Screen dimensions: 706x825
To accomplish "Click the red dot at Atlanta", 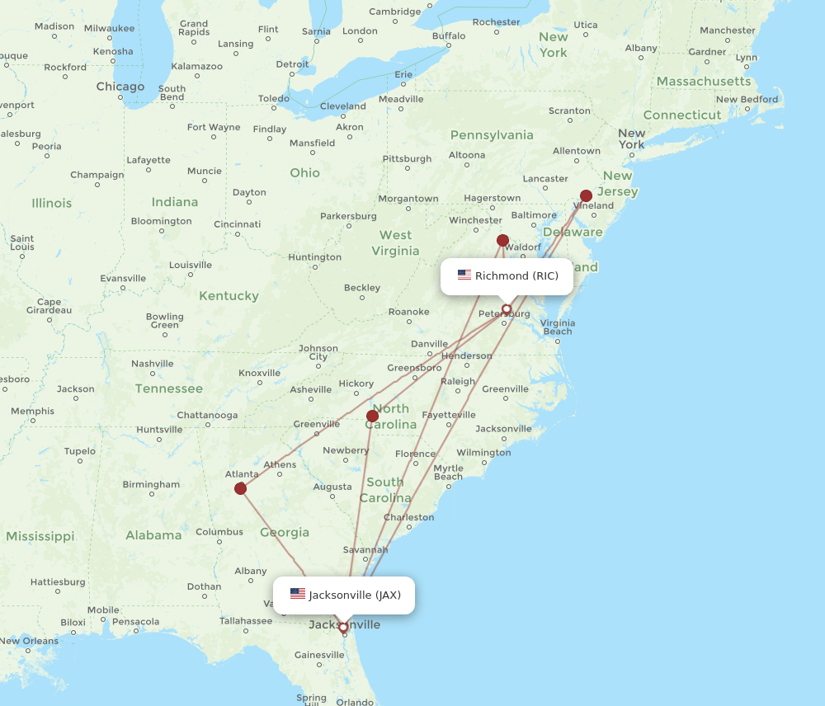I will tap(240, 488).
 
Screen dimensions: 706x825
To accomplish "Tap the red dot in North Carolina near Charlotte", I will tap(372, 416).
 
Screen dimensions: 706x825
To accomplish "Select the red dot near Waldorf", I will tap(502, 241).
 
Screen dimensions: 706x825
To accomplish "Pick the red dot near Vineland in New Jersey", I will tap(586, 196).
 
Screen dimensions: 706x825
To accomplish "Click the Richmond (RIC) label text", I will tap(516, 275).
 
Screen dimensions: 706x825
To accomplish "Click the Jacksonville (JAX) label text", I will tap(355, 595).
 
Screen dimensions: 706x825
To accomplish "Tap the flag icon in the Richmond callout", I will tap(464, 275).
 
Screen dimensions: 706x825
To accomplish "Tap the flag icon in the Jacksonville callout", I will tap(298, 594).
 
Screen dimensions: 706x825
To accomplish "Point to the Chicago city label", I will tap(120, 87).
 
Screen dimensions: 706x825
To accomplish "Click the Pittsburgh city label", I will tap(407, 158).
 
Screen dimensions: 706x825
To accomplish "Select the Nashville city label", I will tap(152, 364).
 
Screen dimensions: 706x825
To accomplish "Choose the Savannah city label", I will tap(365, 550).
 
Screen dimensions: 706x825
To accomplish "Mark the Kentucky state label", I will tap(229, 295).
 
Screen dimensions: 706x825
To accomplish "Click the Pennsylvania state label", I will tap(492, 134).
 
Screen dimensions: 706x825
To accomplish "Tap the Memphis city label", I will tap(33, 412).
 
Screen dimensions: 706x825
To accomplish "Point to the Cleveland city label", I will tap(342, 106).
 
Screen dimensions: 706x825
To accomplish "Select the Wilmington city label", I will tap(483, 453).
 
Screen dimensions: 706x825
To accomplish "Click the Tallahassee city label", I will tap(246, 621).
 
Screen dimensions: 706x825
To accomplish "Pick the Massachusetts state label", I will tap(704, 81).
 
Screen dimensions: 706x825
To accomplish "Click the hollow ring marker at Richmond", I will tap(507, 310).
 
